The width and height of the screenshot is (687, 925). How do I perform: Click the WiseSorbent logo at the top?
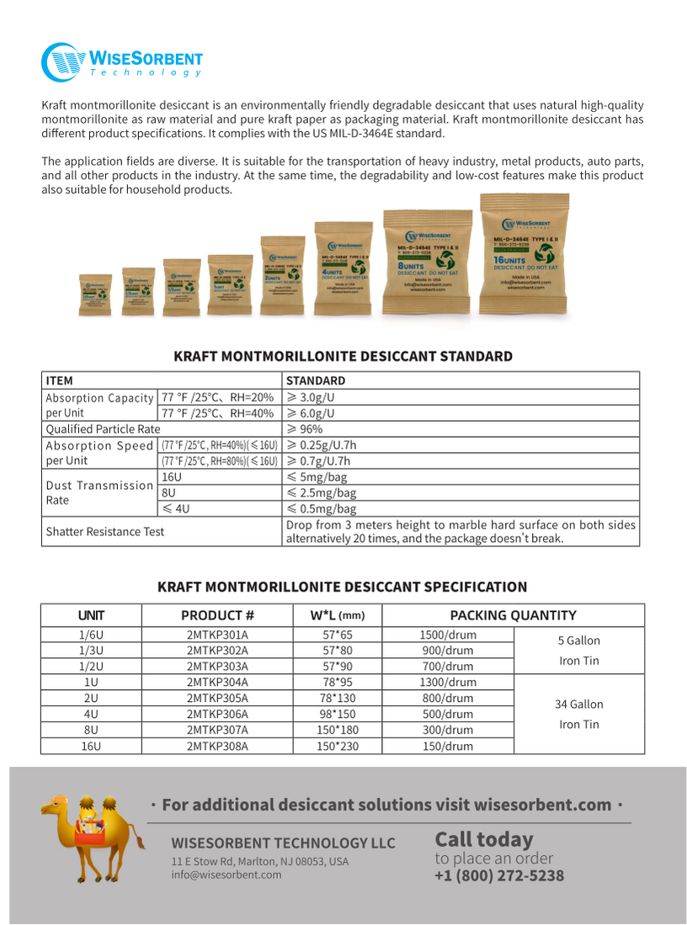(x=122, y=61)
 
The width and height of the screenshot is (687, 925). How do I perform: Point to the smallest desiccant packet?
(x=95, y=295)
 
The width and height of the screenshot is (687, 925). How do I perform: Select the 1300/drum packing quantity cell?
(x=447, y=682)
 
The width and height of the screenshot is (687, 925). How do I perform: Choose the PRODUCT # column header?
(x=217, y=615)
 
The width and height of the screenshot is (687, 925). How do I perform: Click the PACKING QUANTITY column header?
(x=513, y=615)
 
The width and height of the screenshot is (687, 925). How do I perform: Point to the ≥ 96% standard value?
(x=305, y=428)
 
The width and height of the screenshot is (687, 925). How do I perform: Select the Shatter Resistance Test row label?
(x=105, y=531)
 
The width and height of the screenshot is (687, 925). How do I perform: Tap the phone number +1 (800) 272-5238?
(x=499, y=876)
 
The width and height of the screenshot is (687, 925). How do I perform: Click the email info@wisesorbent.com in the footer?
(x=226, y=874)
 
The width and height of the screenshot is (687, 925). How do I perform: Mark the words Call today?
(x=483, y=839)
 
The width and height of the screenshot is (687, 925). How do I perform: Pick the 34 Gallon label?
(x=579, y=704)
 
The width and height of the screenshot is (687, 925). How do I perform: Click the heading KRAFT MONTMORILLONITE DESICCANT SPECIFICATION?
(x=343, y=587)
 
